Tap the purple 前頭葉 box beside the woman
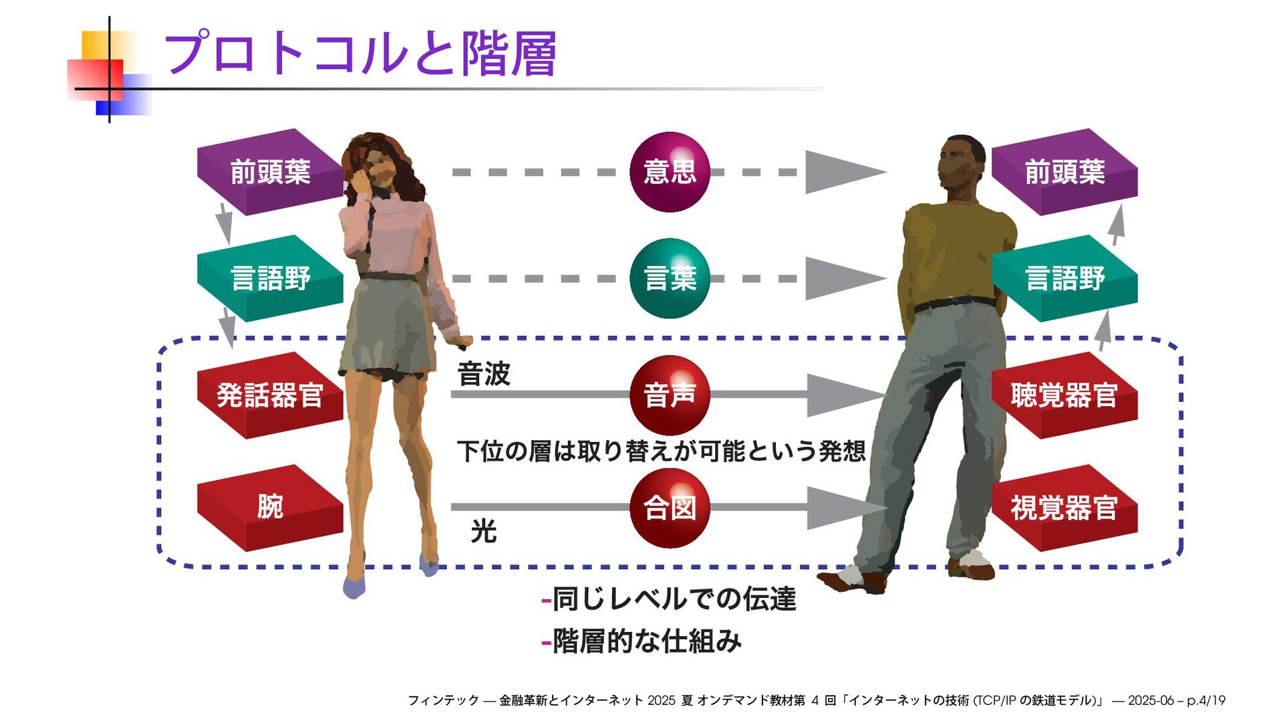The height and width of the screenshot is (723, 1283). (x=270, y=172)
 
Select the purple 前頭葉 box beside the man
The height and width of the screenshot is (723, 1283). (x=1064, y=172)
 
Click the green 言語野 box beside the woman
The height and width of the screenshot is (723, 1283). (x=270, y=278)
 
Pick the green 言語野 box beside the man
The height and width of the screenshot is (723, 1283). (x=1064, y=278)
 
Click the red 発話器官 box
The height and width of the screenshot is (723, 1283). (x=270, y=395)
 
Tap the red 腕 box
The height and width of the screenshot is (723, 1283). (x=270, y=507)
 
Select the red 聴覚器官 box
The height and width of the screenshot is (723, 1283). (x=1064, y=395)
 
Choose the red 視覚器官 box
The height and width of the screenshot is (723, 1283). (x=1064, y=508)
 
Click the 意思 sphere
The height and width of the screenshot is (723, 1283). (x=670, y=172)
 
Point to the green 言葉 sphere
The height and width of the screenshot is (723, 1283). (x=670, y=278)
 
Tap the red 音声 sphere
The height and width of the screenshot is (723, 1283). (x=670, y=395)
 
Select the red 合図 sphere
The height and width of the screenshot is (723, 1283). (x=670, y=508)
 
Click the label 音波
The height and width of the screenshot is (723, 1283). (x=484, y=374)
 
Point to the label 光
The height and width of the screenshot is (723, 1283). (x=484, y=532)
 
